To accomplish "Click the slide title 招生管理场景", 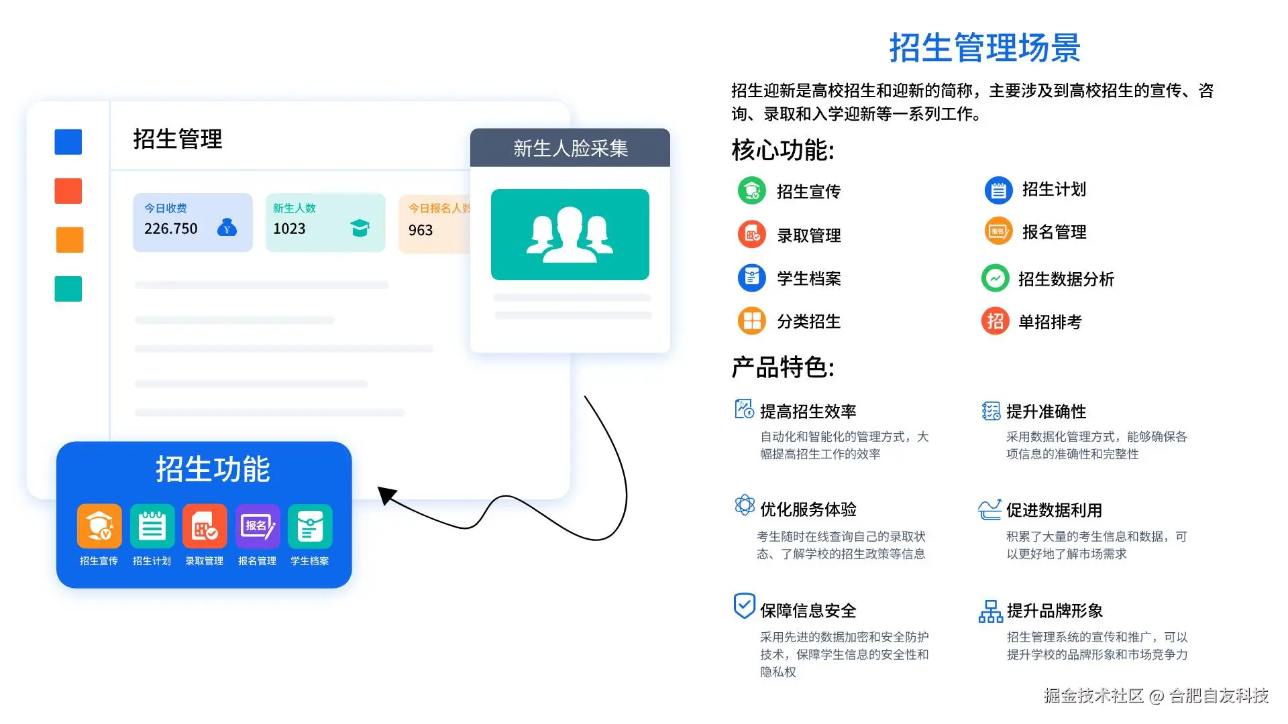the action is click(x=984, y=48).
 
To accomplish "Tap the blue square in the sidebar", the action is click(x=68, y=142).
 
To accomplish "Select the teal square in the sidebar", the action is click(x=68, y=289).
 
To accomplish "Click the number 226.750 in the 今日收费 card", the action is click(x=171, y=229).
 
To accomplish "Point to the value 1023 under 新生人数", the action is click(x=289, y=229).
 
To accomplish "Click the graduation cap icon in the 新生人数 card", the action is click(x=360, y=228).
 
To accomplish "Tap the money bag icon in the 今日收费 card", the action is click(x=227, y=228).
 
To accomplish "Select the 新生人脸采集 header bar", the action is click(x=570, y=148).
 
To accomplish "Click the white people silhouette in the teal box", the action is click(x=570, y=235).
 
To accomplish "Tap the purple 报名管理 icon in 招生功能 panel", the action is click(x=258, y=526).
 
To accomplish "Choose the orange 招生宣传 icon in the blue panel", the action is click(x=99, y=526).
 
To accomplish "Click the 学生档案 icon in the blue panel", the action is click(x=310, y=526).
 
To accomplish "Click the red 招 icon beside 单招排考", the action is click(x=996, y=322).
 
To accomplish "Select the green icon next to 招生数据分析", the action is click(x=996, y=278).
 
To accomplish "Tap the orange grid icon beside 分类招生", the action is click(x=752, y=321).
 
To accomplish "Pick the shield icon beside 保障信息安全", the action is click(x=744, y=605).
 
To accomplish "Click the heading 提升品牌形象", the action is click(x=1055, y=611).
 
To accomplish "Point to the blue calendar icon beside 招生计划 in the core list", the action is click(x=998, y=190).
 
